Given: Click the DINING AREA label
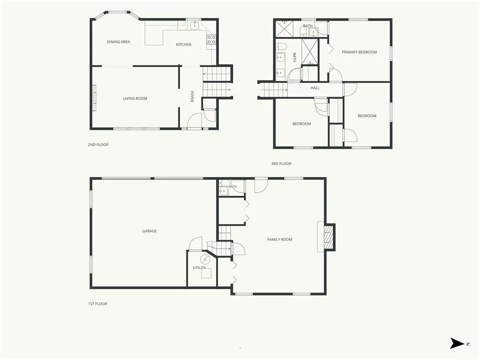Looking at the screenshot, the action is (x=118, y=42).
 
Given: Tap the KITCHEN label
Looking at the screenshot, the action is (x=183, y=45).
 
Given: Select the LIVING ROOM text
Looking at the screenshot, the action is (x=135, y=98).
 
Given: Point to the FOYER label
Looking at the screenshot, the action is (x=192, y=96).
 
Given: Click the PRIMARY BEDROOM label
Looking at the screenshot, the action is (x=359, y=52).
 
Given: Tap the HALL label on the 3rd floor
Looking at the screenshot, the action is (x=315, y=88).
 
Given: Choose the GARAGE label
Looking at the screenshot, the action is (x=150, y=231).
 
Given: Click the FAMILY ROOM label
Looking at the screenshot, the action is (x=279, y=240).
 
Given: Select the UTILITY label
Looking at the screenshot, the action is (x=199, y=268).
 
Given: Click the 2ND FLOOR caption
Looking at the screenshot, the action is (x=98, y=144).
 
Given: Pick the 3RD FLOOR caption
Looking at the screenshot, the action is (x=281, y=164).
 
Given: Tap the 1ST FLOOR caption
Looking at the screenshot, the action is (x=97, y=304).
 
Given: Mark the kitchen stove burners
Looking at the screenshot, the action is (x=211, y=39).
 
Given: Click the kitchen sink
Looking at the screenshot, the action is (x=195, y=26).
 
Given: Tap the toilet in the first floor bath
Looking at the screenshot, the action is (x=225, y=183).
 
